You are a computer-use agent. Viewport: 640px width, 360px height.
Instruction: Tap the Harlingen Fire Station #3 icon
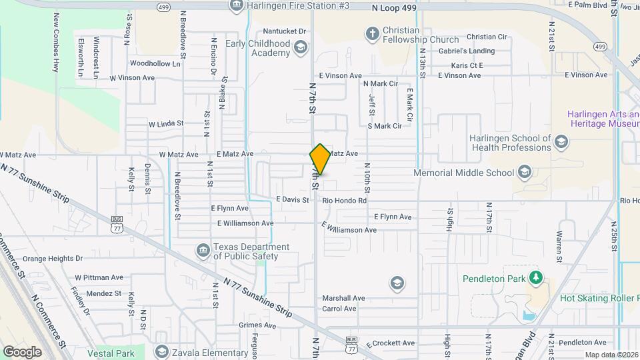click(x=235, y=6)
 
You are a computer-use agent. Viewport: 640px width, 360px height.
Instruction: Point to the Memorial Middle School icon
click(x=525, y=173)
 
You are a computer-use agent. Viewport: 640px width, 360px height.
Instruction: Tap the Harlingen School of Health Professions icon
click(x=561, y=141)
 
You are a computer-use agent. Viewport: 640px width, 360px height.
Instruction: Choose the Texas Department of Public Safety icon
click(x=203, y=251)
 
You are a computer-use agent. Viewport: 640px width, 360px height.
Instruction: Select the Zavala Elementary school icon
click(x=161, y=351)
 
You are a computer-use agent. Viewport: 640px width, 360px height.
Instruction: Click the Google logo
click(x=23, y=352)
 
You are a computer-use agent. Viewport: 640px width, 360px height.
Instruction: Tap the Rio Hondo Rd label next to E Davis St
click(x=344, y=200)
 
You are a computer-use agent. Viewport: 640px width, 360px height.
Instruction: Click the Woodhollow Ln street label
click(x=155, y=64)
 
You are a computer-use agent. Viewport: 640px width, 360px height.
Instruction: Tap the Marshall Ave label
click(x=343, y=298)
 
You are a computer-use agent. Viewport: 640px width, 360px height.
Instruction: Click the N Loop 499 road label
click(x=394, y=7)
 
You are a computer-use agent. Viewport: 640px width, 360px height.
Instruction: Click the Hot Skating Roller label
click(x=599, y=298)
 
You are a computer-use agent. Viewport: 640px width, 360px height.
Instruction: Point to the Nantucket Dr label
click(x=284, y=31)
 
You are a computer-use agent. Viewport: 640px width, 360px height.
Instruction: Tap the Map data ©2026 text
click(x=611, y=355)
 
